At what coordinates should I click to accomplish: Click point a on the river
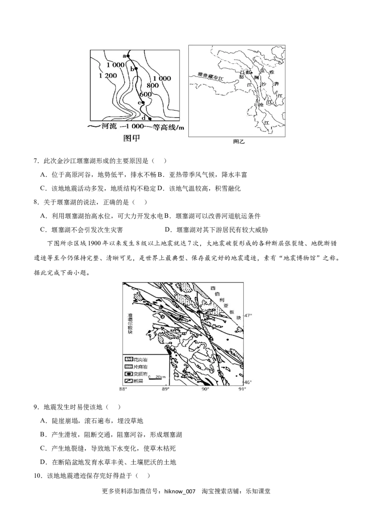click(x=129, y=56)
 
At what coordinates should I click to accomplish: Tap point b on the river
click(x=136, y=68)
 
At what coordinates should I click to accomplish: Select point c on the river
click(x=143, y=102)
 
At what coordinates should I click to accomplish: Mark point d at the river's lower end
click(x=150, y=119)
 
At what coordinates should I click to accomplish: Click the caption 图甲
click(x=132, y=138)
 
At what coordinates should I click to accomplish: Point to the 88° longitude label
click(x=122, y=389)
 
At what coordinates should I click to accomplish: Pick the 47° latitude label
click(x=248, y=316)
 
